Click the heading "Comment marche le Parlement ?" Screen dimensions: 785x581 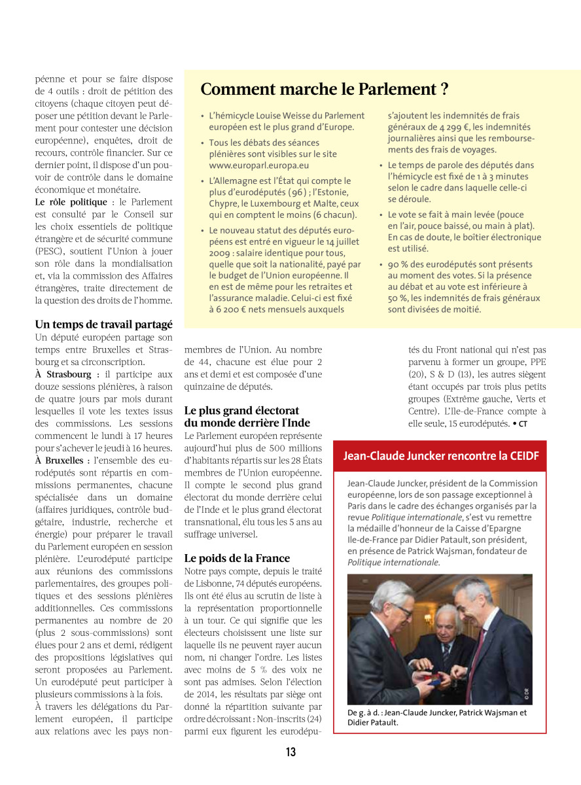(324, 90)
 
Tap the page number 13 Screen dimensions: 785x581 (290, 752)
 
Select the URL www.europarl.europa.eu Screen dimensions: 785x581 (259, 165)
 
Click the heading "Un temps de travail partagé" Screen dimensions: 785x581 (103, 324)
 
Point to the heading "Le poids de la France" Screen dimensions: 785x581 (237, 558)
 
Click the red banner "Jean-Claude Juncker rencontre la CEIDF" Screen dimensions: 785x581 (441, 456)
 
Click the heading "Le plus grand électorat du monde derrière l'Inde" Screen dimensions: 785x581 (247, 417)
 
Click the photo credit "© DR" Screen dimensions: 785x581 (527, 693)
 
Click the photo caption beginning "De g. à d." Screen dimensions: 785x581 (436, 718)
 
